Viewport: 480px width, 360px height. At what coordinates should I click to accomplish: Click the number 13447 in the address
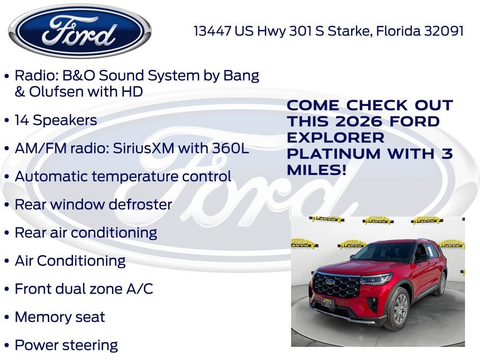(x=213, y=31)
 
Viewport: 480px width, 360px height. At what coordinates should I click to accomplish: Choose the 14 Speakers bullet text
(x=56, y=120)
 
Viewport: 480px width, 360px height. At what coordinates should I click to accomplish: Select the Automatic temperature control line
(x=123, y=176)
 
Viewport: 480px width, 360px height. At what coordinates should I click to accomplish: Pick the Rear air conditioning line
(x=86, y=232)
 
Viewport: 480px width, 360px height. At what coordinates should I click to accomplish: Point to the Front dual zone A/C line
(x=84, y=289)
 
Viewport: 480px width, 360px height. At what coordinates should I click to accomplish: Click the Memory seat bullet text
(x=60, y=317)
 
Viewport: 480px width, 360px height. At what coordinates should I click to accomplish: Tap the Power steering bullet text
(x=66, y=345)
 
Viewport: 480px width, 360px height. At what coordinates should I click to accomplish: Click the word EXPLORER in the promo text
(x=336, y=138)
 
